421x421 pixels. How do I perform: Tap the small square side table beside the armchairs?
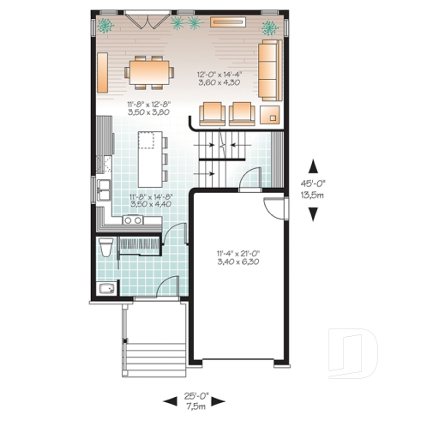tap(273, 113)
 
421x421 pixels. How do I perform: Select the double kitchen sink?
tap(104, 189)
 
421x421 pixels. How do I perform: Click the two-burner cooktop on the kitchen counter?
tap(133, 220)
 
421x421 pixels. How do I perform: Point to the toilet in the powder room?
tap(105, 250)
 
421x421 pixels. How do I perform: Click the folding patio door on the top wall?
tap(139, 18)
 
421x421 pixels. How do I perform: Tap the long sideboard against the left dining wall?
tap(101, 72)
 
